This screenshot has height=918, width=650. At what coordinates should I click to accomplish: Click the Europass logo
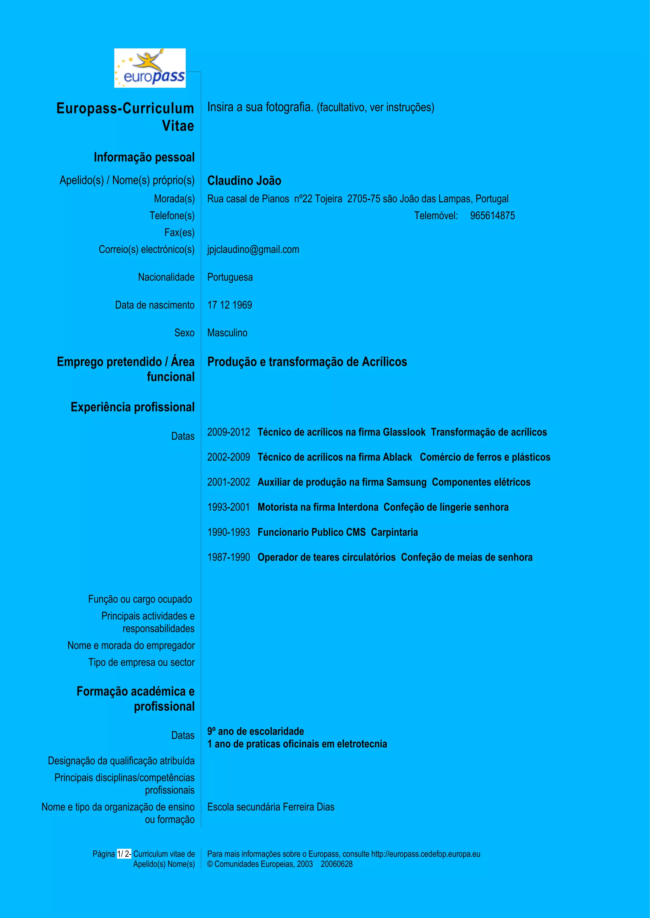(150, 68)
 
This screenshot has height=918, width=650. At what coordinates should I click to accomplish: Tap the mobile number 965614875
(492, 216)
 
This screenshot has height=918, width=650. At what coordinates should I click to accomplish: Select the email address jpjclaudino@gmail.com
(253, 249)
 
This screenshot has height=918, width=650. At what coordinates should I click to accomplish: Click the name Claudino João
(244, 181)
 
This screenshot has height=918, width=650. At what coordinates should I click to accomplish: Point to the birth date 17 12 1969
(229, 305)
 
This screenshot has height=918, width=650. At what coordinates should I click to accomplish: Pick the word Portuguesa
(230, 277)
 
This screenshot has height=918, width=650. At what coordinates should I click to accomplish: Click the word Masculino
(227, 333)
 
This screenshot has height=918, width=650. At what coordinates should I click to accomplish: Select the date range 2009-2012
(228, 432)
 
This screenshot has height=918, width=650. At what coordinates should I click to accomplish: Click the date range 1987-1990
(228, 557)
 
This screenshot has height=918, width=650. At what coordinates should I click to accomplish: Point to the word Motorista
(278, 507)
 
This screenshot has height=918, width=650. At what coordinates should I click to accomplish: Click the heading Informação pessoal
(144, 158)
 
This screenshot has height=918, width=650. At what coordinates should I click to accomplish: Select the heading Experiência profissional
(132, 407)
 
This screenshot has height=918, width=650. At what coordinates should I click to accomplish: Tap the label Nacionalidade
(166, 277)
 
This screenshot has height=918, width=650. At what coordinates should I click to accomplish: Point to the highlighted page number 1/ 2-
(124, 854)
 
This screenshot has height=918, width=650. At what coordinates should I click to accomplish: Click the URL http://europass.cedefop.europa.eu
(426, 854)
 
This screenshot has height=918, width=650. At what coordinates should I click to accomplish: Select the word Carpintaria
(394, 533)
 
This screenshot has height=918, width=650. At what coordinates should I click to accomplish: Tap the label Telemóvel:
(436, 216)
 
